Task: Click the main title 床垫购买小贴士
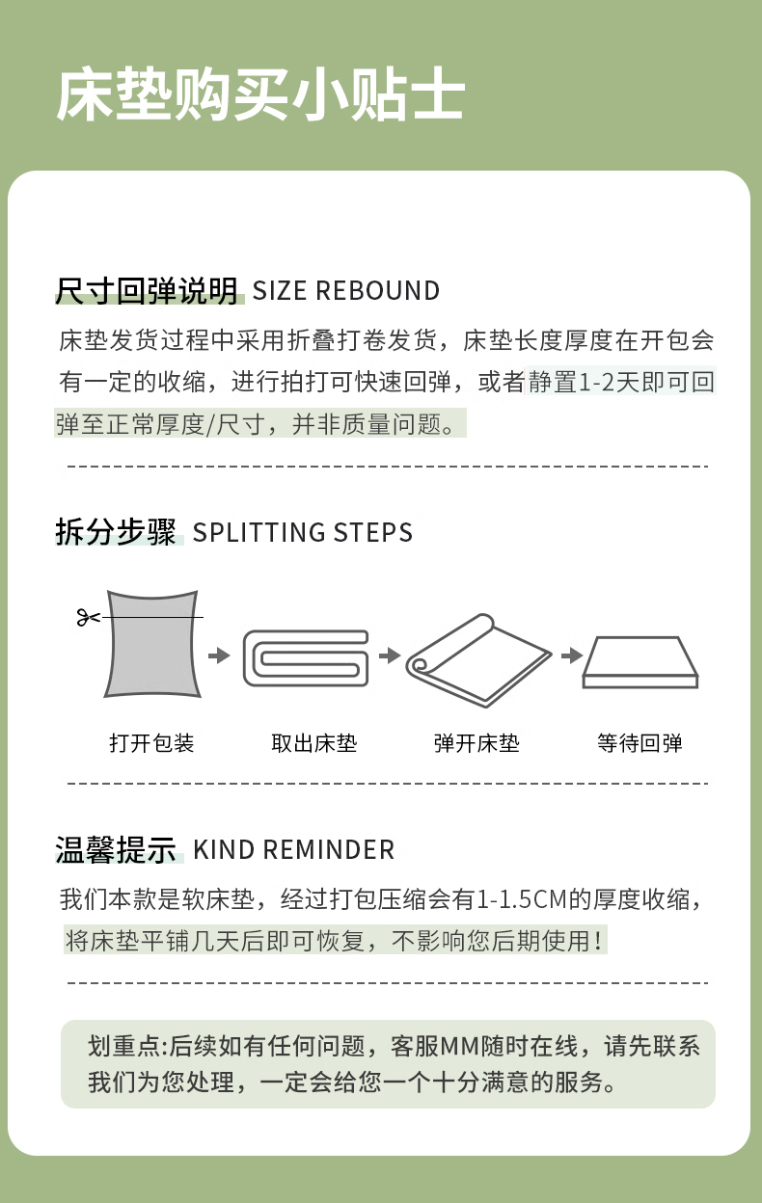[x=260, y=94]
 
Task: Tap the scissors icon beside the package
[x=88, y=617]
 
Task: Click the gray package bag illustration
[x=152, y=644]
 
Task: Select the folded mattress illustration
[x=306, y=657]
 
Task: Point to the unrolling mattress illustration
[x=478, y=660]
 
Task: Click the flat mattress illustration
[x=640, y=662]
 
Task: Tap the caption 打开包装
[x=151, y=743]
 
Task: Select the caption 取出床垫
[x=314, y=743]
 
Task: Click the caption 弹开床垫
[x=476, y=743]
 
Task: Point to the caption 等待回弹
[x=640, y=743]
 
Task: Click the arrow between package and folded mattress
[x=219, y=655]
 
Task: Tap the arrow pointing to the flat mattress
[x=572, y=655]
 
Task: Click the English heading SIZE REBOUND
[x=346, y=290]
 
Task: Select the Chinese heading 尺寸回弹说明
[x=148, y=290]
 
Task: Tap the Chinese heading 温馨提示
[x=116, y=849]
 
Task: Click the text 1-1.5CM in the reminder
[x=523, y=899]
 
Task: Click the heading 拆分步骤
[x=116, y=532]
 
